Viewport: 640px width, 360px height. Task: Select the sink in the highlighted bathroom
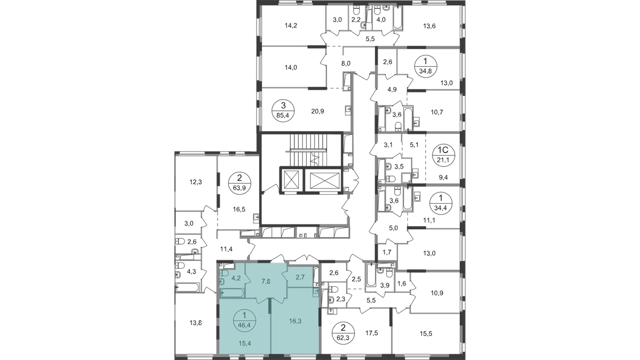pos(222,282)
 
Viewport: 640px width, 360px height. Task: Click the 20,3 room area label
pos(318,111)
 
